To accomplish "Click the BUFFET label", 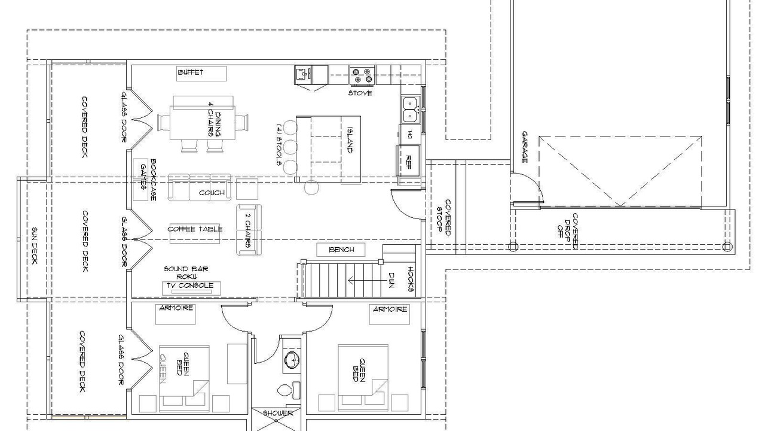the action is pos(191,72).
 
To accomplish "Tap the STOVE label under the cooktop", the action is pos(360,93).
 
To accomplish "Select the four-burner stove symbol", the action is pos(362,75).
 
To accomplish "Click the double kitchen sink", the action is pos(410,110).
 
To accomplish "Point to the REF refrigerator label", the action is pos(408,162).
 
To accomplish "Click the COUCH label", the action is pos(212,193).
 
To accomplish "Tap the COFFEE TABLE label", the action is pos(195,229).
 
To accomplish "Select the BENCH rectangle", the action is pos(341,250).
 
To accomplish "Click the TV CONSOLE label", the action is pos(190,286).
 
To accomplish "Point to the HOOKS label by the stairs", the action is pos(411,280).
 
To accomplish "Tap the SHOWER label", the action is pos(278,413).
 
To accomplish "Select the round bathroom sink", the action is pos(292,360).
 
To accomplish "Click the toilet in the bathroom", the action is pos(288,390).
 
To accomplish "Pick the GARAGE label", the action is pos(525,147).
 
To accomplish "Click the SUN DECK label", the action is pos(35,246).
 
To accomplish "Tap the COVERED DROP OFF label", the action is pos(568,231).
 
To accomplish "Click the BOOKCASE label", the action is pos(153,180).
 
